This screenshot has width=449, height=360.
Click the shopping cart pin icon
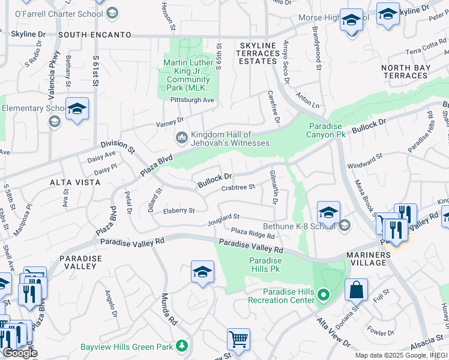point(238,338)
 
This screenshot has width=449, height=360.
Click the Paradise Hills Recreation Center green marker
point(324,295)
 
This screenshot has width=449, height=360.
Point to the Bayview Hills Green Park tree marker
point(181,346)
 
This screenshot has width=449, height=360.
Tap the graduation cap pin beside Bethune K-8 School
point(328,213)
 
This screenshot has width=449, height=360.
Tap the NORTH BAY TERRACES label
point(406,71)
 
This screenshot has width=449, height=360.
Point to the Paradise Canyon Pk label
point(327,130)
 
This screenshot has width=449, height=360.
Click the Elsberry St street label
point(179,211)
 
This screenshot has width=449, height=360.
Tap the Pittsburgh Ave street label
point(192,100)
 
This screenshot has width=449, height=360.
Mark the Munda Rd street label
point(169,308)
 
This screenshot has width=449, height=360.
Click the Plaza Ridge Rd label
point(253,233)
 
